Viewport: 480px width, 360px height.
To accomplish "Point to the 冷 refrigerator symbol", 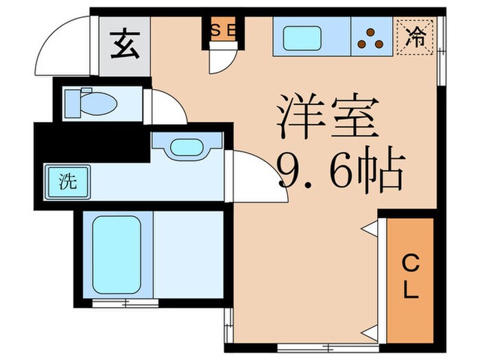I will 416,34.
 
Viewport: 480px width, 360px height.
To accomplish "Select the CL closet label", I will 410,276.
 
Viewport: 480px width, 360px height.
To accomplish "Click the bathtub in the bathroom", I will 116,256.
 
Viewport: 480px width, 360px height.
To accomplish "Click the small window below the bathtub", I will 115,302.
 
